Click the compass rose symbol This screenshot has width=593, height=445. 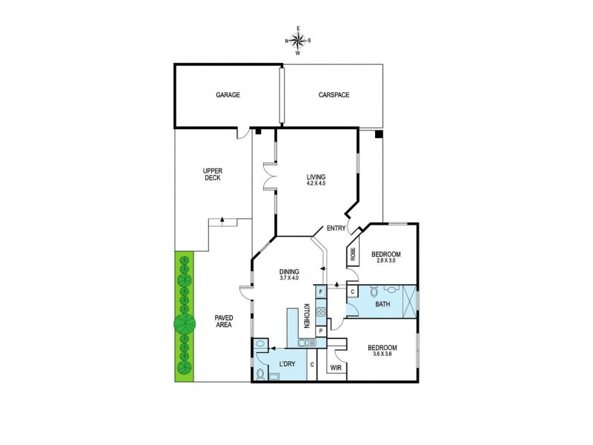coord(299,41)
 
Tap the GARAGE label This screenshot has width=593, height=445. coord(228,95)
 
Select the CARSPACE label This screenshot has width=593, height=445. coord(334,95)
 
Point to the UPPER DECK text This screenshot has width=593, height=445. coord(213,174)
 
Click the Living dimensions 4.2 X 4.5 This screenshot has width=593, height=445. coord(317,184)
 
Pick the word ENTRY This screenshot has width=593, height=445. coord(336,228)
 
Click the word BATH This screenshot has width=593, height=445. coord(382,303)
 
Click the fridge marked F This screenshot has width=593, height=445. coord(320,292)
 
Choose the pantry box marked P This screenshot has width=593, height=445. coord(320,332)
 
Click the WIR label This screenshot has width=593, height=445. coord(335,367)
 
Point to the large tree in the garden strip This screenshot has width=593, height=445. coord(185,324)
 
